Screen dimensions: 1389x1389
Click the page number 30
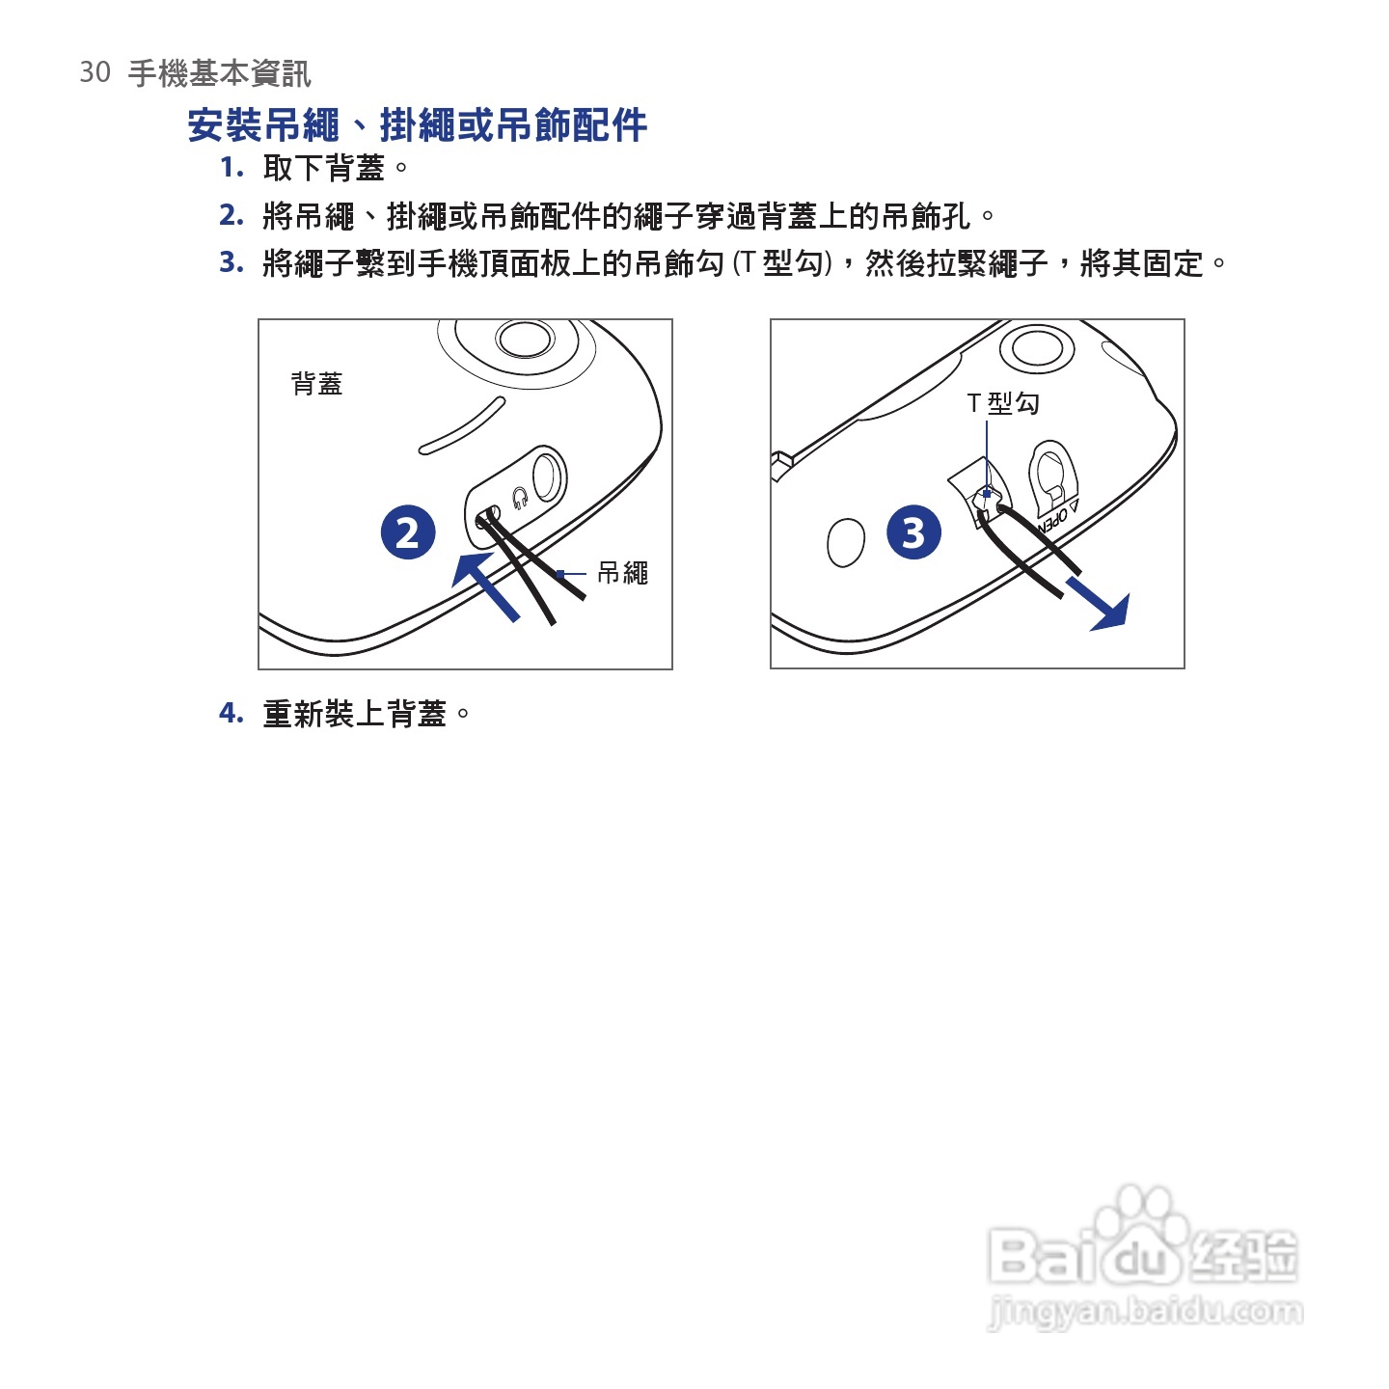pyautogui.click(x=95, y=72)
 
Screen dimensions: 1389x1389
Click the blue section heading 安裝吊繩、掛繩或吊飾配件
pyautogui.click(x=418, y=125)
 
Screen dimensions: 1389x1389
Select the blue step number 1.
pyautogui.click(x=232, y=167)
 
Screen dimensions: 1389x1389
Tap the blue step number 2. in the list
pyautogui.click(x=232, y=215)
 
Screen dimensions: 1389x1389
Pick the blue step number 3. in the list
pyautogui.click(x=232, y=262)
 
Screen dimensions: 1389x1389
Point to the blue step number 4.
pyautogui.click(x=232, y=713)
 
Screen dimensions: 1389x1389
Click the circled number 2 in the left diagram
pyautogui.click(x=408, y=532)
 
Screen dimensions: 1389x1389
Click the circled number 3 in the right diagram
pyautogui.click(x=913, y=532)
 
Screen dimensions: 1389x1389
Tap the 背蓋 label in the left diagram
pyautogui.click(x=317, y=384)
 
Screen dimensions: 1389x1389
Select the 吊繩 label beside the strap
pyautogui.click(x=623, y=573)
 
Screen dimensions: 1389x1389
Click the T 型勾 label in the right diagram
pyautogui.click(x=1002, y=403)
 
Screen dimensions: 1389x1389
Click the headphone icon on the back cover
pyautogui.click(x=520, y=498)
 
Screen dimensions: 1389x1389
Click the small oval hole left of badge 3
pyautogui.click(x=846, y=543)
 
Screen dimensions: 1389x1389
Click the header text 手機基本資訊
pyautogui.click(x=220, y=73)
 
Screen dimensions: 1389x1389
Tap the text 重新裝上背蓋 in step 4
pyautogui.click(x=355, y=714)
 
